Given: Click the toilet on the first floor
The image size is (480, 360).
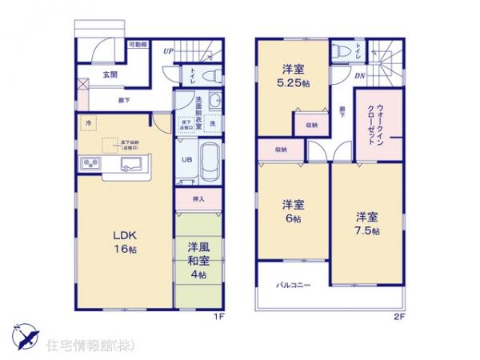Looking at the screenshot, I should tap(211, 77).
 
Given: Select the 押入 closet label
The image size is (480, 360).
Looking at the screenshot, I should tap(199, 198).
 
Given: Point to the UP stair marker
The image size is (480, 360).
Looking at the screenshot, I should tap(169, 51).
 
